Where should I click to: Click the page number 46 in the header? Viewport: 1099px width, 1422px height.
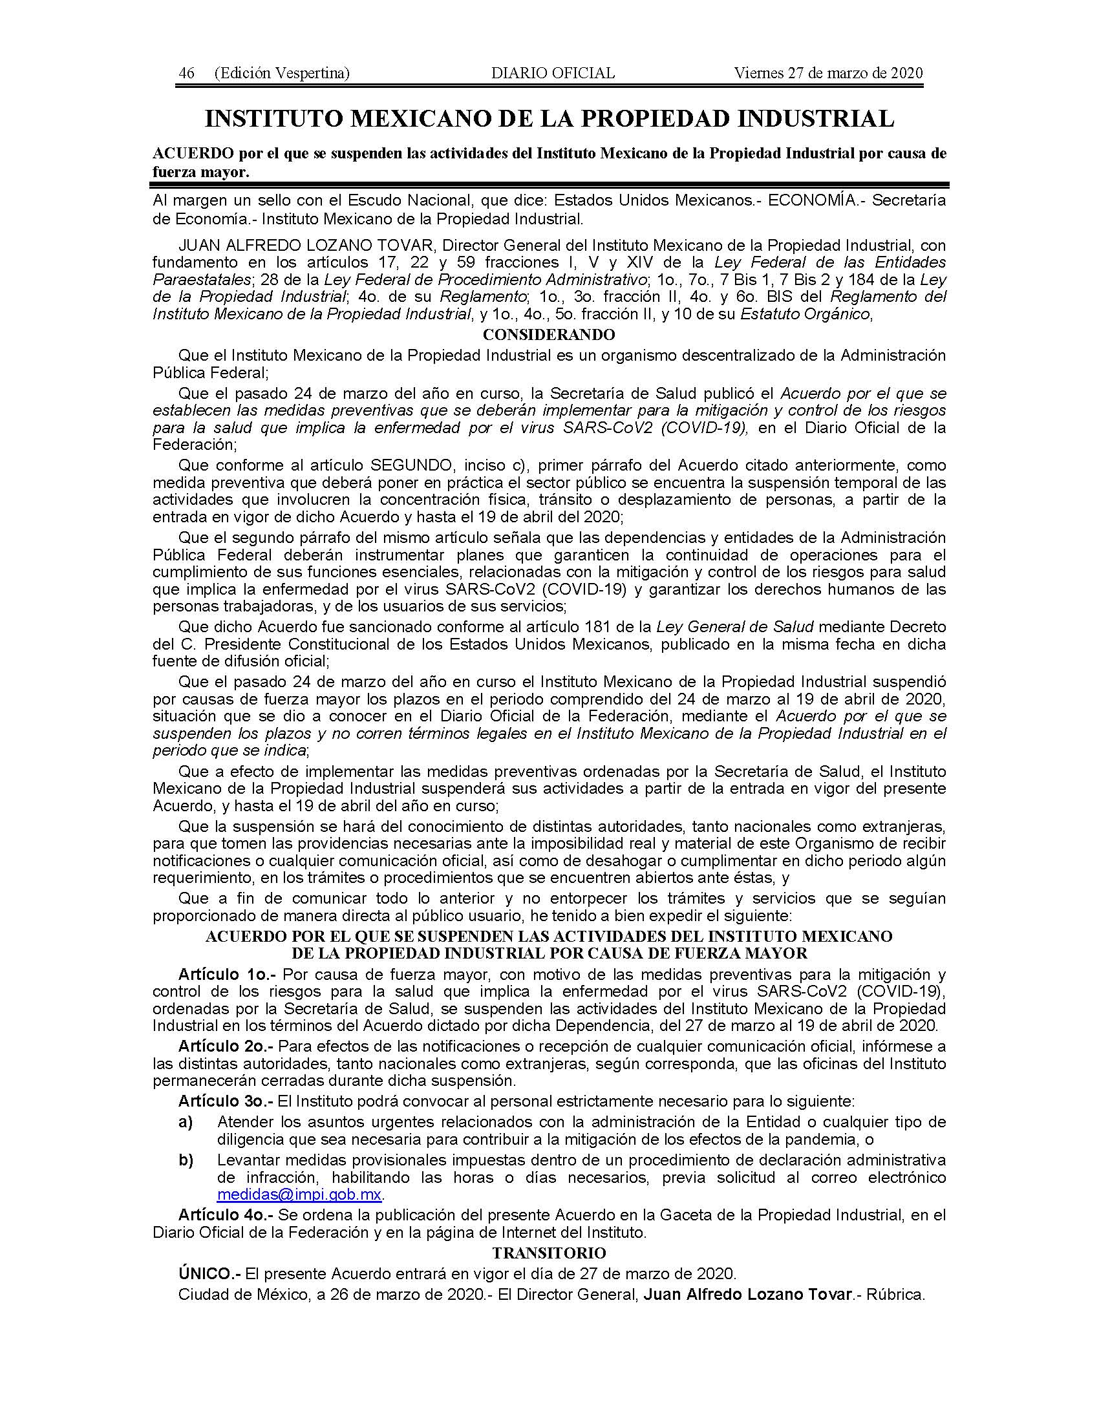point(186,73)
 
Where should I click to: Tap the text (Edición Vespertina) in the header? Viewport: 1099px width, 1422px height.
point(281,73)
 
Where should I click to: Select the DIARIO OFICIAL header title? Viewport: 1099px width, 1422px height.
point(553,73)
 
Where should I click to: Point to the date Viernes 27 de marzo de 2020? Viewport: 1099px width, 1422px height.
point(828,73)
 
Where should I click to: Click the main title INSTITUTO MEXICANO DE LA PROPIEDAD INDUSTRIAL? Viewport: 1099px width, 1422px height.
point(549,118)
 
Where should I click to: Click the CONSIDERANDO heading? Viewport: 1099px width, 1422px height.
point(548,335)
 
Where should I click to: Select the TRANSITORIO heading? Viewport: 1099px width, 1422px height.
point(549,1253)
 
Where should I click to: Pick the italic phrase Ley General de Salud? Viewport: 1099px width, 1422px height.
point(735,627)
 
